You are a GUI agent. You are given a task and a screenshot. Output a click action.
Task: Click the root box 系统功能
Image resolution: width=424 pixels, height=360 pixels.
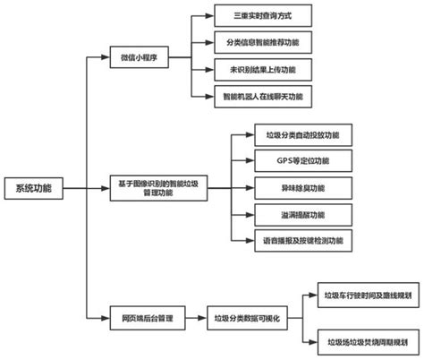point(34,188)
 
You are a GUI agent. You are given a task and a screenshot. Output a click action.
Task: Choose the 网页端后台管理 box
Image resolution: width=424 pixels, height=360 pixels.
point(140,317)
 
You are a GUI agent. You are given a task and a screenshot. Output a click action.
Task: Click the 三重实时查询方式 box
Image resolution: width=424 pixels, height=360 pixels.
point(251,16)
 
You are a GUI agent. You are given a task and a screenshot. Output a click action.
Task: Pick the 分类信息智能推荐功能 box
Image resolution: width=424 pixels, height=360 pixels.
point(251,42)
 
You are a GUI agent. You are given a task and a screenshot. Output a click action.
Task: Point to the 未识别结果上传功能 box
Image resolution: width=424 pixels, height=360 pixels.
point(251,69)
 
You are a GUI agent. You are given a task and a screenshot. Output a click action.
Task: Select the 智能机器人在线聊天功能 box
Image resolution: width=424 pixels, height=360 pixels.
point(251,95)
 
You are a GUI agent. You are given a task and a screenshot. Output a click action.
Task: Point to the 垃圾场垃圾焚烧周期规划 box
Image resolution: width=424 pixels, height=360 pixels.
point(367,341)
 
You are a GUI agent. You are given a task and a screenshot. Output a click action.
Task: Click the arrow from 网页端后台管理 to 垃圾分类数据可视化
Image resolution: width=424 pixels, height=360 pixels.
point(189,317)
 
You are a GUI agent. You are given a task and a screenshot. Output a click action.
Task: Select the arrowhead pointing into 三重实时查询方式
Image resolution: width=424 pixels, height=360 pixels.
point(210,16)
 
